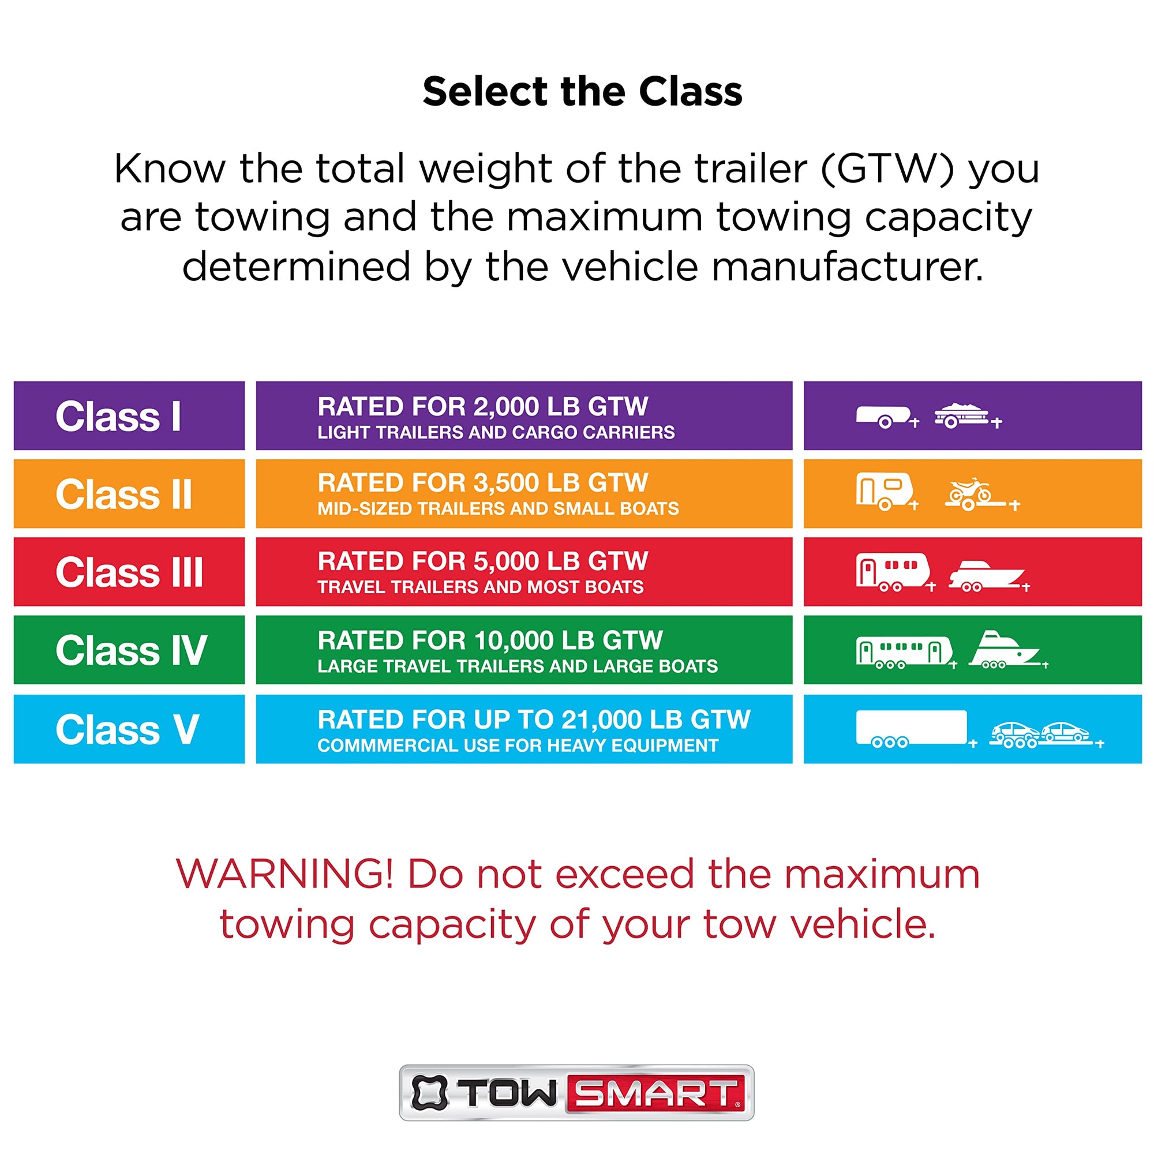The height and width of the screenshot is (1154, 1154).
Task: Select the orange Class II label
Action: click(x=123, y=494)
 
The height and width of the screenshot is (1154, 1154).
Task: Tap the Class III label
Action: click(x=129, y=572)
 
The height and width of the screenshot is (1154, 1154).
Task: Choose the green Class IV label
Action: click(x=132, y=650)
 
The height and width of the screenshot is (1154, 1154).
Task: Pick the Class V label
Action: click(x=127, y=729)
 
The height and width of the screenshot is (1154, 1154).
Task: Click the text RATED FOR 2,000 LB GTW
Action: click(x=482, y=407)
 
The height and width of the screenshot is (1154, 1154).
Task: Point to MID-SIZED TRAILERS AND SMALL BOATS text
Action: click(x=498, y=508)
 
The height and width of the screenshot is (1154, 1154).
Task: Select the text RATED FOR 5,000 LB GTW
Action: click(x=482, y=561)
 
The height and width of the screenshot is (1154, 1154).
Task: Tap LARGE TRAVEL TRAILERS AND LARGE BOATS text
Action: click(x=517, y=666)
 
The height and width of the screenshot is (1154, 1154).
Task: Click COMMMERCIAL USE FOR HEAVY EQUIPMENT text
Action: click(x=518, y=745)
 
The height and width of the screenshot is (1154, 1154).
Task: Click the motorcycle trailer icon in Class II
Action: click(x=982, y=494)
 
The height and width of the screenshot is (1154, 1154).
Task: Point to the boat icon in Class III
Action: click(x=988, y=576)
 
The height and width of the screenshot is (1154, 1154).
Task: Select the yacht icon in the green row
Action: click(x=1007, y=650)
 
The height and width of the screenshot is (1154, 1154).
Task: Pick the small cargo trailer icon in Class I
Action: click(x=887, y=417)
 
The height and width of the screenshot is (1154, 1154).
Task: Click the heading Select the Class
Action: click(x=582, y=92)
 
